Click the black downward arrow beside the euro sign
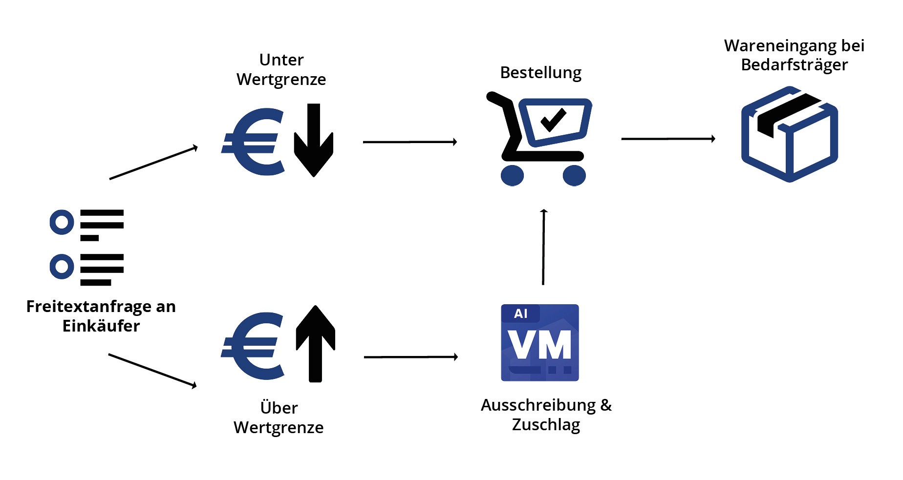[314, 140]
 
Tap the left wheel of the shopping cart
[512, 175]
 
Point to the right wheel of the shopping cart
[574, 175]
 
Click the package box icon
[789, 134]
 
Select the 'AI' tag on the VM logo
[521, 313]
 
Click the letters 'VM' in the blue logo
[539, 345]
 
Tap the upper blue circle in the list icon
[62, 222]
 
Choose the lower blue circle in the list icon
[62, 267]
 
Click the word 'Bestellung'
[540, 73]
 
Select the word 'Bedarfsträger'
[794, 65]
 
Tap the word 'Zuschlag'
[546, 425]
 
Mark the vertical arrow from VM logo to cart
[543, 247]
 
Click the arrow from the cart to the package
[668, 139]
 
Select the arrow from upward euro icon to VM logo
[410, 357]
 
